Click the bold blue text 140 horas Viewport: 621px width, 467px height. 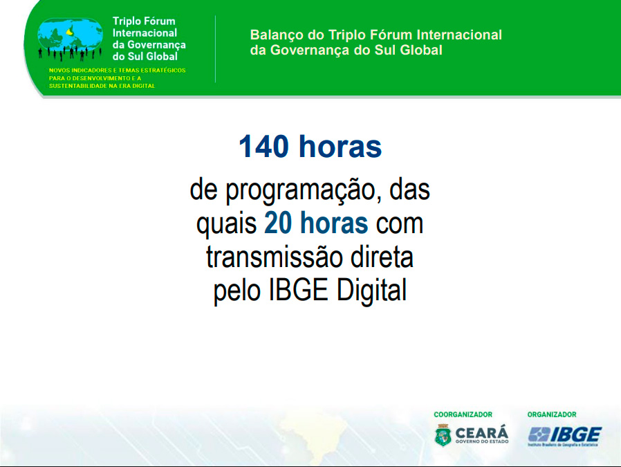[x=310, y=147]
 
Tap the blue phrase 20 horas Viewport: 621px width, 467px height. [x=316, y=223]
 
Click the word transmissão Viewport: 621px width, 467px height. [x=275, y=257]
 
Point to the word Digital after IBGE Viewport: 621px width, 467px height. [x=371, y=291]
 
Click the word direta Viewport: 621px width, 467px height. [x=382, y=257]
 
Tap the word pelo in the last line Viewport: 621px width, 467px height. [x=237, y=291]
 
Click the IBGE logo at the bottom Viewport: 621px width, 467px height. [x=565, y=436]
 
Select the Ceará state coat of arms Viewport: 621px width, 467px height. [x=443, y=435]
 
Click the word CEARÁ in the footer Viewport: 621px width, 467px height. [x=481, y=432]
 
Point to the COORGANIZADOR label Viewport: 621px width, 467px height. [x=463, y=414]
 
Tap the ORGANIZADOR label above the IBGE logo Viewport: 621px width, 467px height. [x=552, y=414]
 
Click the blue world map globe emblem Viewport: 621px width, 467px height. [x=70, y=36]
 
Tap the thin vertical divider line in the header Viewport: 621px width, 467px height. [x=216, y=49]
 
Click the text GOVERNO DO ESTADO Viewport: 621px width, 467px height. [x=481, y=441]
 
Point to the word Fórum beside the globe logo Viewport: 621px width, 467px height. [x=159, y=21]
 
